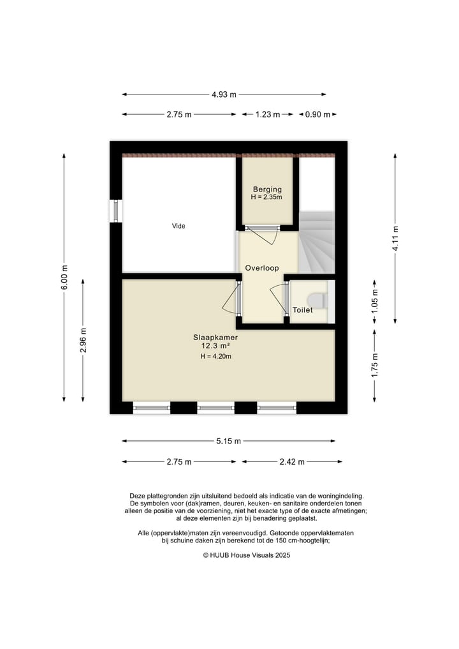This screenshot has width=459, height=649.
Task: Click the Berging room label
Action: [x=267, y=189]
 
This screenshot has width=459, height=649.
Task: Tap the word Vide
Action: [x=178, y=226]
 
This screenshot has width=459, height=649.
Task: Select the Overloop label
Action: [x=262, y=268]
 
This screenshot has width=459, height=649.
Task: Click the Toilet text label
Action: [x=302, y=310]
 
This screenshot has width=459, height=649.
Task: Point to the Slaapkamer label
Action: [x=215, y=338]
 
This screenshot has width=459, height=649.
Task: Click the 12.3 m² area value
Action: [x=215, y=346]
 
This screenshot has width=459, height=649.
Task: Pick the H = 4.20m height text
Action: [x=215, y=356]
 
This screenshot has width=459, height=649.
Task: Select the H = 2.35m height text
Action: [x=266, y=197]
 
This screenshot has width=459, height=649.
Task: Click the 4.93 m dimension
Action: [x=224, y=94]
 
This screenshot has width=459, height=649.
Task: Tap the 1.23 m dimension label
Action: [x=268, y=114]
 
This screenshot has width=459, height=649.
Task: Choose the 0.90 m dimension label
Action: [x=317, y=114]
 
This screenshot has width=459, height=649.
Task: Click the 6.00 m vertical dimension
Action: [x=64, y=278]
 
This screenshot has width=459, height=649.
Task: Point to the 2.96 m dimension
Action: [x=83, y=340]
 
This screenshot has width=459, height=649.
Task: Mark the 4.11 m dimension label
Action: [x=395, y=239]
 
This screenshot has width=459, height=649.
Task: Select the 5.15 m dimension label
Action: [x=228, y=441]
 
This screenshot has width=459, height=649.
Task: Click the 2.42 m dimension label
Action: [x=292, y=461]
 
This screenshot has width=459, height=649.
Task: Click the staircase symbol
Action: [x=317, y=242]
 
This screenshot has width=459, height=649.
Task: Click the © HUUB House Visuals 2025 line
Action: [x=247, y=555]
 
